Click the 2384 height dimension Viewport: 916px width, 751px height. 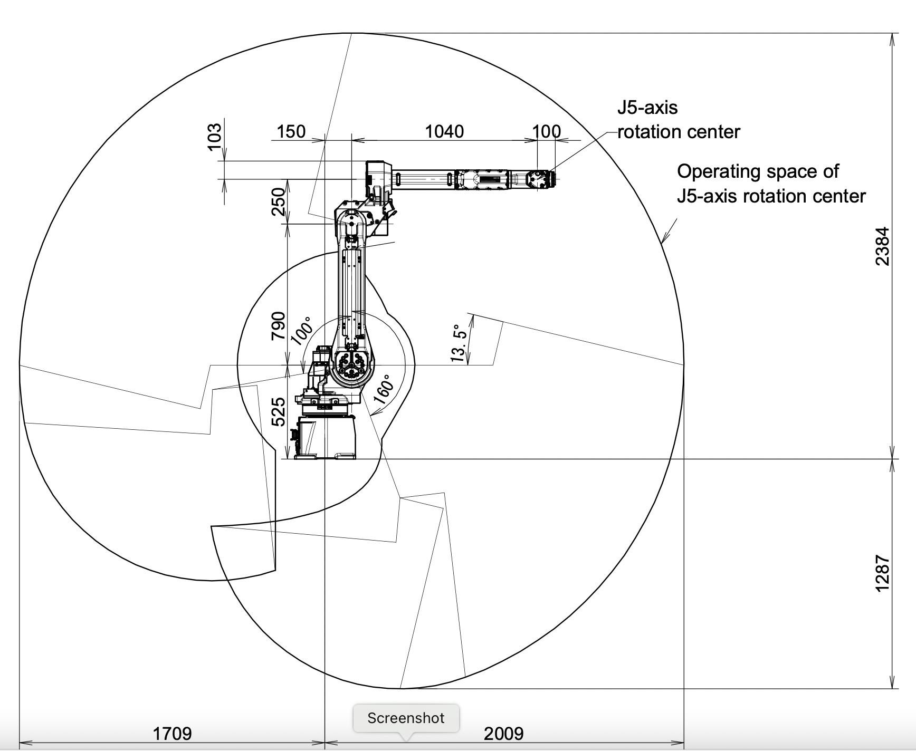click(x=882, y=246)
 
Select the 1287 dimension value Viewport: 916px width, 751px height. click(x=882, y=573)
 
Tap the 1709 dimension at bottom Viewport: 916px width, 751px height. click(x=172, y=733)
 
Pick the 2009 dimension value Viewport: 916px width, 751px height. click(x=503, y=733)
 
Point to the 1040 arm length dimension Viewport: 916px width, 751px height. click(x=444, y=131)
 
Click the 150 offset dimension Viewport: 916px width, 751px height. click(x=291, y=131)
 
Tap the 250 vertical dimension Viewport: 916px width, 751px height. click(x=278, y=201)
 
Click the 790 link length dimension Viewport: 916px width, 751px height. click(x=278, y=326)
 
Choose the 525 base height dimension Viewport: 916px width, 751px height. click(x=278, y=411)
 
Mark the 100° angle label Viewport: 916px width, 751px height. click(x=302, y=331)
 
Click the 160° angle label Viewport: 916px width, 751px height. click(x=386, y=389)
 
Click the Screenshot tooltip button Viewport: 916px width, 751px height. click(x=406, y=718)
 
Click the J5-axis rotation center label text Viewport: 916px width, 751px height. click(x=678, y=120)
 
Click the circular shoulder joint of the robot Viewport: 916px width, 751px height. click(x=352, y=364)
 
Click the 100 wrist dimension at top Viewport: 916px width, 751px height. click(x=546, y=131)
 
